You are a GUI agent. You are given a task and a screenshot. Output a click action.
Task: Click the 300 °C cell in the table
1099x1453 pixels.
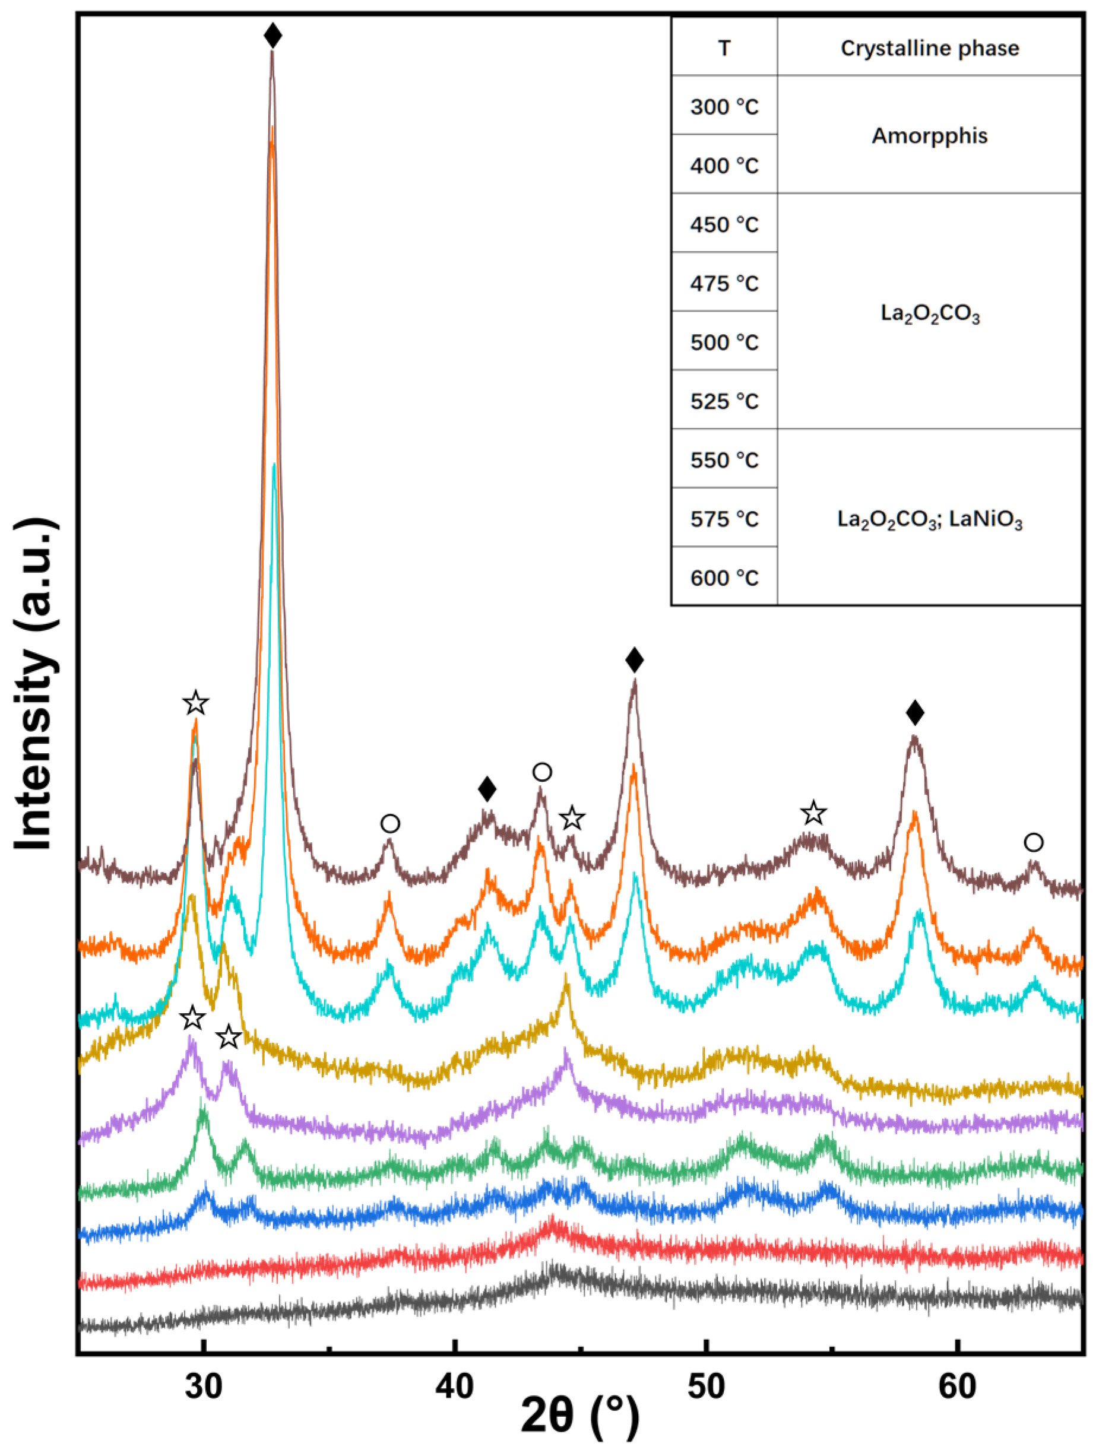click(724, 106)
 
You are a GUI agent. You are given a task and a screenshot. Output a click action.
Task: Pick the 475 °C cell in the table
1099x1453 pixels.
click(724, 283)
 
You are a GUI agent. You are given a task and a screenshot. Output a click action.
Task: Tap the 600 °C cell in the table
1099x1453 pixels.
click(724, 578)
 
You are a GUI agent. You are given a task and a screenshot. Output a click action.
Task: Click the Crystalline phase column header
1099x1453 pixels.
click(930, 48)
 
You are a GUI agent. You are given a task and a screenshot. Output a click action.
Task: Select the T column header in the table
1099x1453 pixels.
click(724, 48)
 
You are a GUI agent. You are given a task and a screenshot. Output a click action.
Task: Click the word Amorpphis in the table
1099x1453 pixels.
click(930, 135)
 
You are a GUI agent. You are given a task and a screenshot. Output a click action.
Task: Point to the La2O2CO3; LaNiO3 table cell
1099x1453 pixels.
click(930, 519)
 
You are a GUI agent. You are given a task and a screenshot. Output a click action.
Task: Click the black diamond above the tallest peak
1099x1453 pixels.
click(273, 36)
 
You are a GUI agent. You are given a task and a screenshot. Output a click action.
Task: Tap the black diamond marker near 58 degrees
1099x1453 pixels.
click(914, 713)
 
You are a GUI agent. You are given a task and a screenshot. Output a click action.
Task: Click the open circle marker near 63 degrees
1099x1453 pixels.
click(1033, 842)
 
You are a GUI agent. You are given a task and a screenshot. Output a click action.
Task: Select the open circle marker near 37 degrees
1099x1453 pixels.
click(390, 824)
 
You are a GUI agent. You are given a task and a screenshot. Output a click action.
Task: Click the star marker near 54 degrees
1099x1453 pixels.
click(813, 813)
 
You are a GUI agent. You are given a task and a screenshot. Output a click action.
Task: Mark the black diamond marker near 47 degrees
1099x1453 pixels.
click(634, 660)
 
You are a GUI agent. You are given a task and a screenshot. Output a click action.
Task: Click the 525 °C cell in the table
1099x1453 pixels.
click(724, 401)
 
